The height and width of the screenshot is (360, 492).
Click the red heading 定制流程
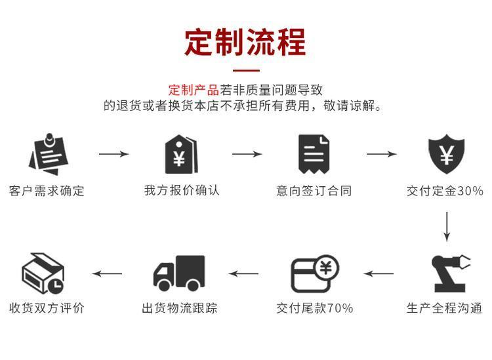point(245,42)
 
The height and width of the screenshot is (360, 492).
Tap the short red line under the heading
point(246,70)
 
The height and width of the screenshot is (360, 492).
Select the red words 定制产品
point(194,90)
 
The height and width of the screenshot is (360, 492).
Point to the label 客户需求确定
point(47,191)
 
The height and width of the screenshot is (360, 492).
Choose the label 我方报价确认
point(182,191)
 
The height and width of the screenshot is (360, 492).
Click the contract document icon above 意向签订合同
point(314,155)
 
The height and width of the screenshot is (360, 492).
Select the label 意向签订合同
point(314,191)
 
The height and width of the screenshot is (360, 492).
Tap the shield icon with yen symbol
point(446,155)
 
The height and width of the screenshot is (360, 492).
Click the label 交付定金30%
point(445,191)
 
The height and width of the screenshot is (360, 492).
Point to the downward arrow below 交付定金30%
point(447,226)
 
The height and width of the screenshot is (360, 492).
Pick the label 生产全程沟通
point(445,308)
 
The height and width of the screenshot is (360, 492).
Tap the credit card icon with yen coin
point(314,273)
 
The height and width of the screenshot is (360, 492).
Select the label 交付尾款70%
point(314,308)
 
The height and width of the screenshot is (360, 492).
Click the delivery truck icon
point(179,273)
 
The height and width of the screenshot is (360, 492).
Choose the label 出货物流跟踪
point(180,308)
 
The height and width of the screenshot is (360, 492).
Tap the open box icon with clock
point(43,273)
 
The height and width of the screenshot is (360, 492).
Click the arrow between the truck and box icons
point(107,273)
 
